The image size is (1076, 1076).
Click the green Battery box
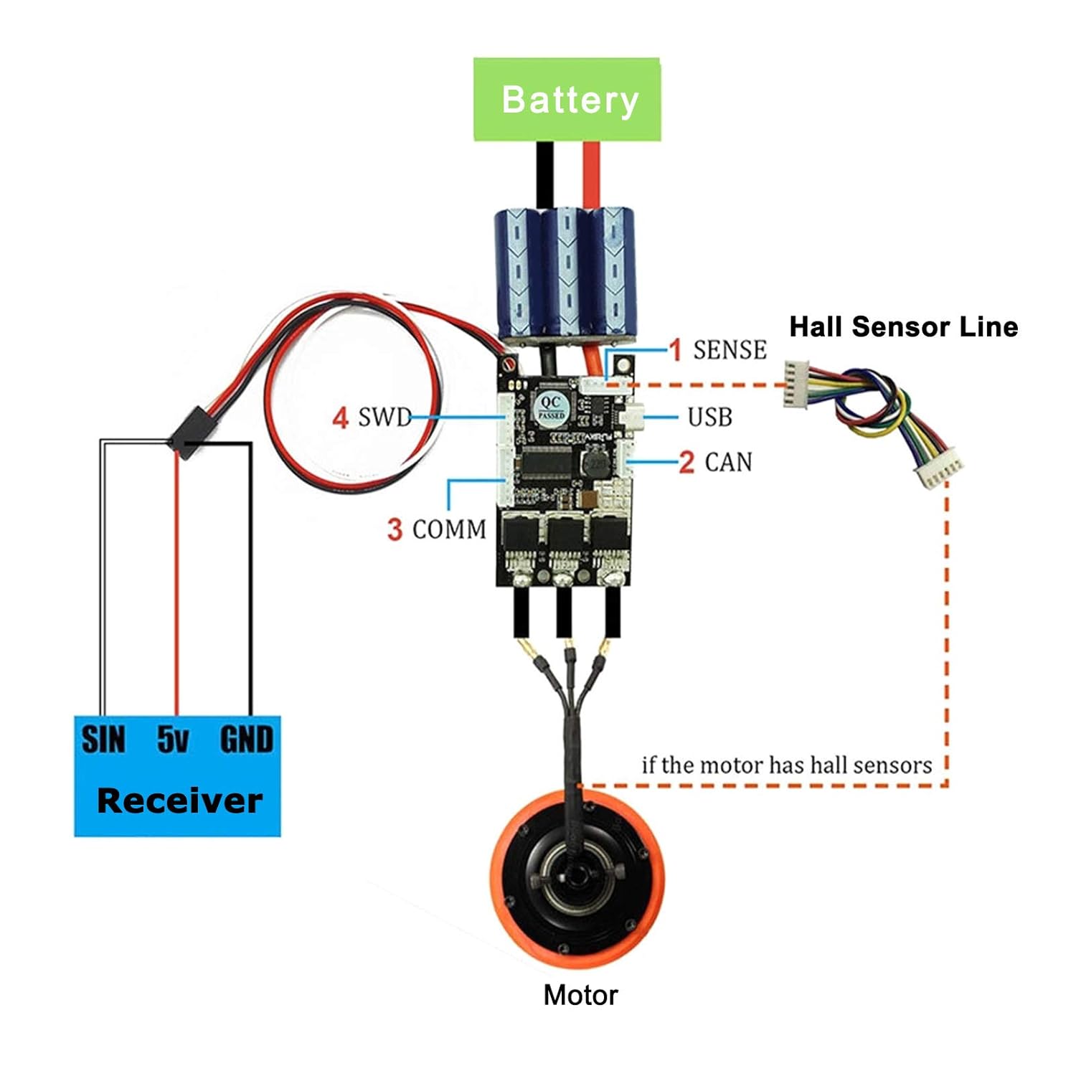pos(567,99)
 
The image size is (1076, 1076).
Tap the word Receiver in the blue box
pos(179,801)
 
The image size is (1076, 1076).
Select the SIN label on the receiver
pos(103,740)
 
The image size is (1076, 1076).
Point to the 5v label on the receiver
pos(173,740)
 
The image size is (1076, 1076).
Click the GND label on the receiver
pos(246,740)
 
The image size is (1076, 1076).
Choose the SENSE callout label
pos(730,350)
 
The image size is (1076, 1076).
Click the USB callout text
pos(709,417)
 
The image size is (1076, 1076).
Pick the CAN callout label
pos(728,462)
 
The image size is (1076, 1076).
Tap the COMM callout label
pos(449,529)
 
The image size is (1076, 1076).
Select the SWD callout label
pos(385,417)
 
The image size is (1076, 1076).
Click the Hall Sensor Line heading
pos(903,327)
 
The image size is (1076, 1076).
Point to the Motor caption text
pos(580,995)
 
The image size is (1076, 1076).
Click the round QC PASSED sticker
pos(551,409)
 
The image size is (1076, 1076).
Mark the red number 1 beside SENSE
pos(675,350)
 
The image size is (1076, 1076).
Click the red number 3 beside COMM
pos(395,529)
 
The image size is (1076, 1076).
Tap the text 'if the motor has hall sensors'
pos(786,765)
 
